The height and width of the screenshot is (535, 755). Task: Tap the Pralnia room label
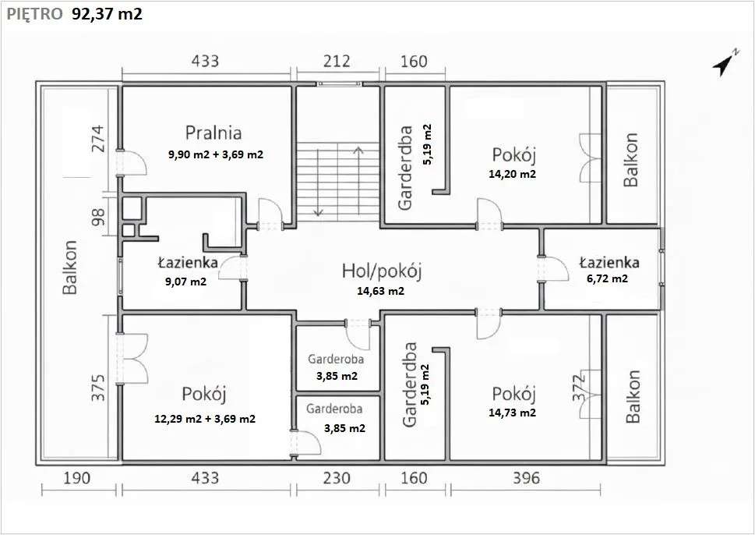(213, 132)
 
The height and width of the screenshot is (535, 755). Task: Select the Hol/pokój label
(382, 271)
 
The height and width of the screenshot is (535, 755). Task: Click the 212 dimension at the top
(337, 61)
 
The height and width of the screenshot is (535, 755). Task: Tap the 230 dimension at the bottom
(336, 477)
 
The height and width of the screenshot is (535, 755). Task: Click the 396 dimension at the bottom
(524, 477)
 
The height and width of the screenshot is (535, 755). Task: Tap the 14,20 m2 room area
(512, 174)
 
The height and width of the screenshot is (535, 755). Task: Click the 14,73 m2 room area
(512, 413)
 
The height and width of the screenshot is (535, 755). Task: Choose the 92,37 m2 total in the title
(107, 14)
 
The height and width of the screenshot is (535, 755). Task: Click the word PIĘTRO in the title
(34, 14)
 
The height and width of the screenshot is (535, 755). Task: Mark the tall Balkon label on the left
(71, 267)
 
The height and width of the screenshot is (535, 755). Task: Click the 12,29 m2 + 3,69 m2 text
(205, 419)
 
